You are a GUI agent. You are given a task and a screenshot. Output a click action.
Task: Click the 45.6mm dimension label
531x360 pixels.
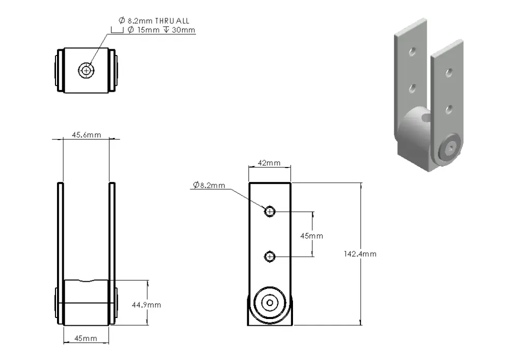[x=86, y=135]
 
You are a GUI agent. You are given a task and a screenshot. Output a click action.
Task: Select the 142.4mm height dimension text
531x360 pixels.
[x=360, y=254]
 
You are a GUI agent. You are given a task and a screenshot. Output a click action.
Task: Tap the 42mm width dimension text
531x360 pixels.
[x=269, y=163]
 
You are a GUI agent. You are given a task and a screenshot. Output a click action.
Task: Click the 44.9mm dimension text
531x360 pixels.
[x=146, y=304]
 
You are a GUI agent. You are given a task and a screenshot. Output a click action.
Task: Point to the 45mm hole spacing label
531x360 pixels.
[x=312, y=236]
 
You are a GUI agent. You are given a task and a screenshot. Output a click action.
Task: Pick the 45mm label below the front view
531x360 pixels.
[x=86, y=338]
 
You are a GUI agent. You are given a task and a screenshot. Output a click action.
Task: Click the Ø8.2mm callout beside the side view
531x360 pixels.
[x=208, y=185]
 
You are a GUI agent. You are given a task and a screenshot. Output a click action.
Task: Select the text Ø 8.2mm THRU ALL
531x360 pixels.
[x=154, y=21]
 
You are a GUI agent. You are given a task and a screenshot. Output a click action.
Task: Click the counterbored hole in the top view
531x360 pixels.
[x=87, y=70]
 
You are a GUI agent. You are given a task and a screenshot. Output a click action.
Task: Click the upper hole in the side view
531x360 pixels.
[x=270, y=211]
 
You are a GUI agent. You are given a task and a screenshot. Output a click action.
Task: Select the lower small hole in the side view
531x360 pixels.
[x=270, y=256]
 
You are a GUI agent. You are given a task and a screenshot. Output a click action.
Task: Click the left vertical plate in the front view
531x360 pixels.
[x=60, y=233]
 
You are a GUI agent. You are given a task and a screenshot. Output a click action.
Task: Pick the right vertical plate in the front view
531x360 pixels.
[x=112, y=233]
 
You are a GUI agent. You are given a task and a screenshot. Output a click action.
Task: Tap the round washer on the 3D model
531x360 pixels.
[x=450, y=148]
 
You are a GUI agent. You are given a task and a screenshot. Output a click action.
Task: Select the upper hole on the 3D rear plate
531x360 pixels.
[x=412, y=51]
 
